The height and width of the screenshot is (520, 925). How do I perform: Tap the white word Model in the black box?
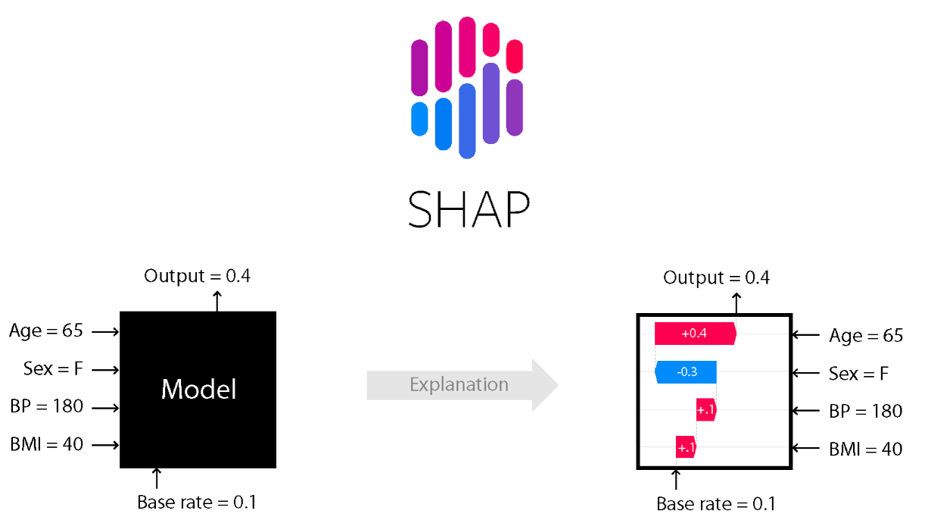tap(198, 390)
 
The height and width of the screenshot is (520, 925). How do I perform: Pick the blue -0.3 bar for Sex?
tap(686, 372)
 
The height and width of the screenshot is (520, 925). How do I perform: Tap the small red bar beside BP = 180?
tap(705, 410)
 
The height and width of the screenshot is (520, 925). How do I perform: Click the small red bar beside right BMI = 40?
tap(686, 448)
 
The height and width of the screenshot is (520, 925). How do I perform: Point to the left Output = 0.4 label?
tap(197, 275)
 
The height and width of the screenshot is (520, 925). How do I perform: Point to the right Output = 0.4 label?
tap(716, 277)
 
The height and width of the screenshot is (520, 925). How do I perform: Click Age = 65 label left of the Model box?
tap(46, 331)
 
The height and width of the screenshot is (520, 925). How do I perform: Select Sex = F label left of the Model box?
tap(53, 369)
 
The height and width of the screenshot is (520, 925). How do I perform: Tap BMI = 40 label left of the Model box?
tap(46, 444)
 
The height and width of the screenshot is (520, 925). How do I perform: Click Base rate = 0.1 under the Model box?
tap(197, 502)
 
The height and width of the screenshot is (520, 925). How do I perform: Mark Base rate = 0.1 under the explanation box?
tap(716, 504)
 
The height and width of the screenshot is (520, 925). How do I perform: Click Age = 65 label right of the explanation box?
tap(866, 335)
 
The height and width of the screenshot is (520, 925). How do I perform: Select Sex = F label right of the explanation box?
tap(859, 373)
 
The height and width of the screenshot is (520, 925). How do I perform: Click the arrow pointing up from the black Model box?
tap(217, 300)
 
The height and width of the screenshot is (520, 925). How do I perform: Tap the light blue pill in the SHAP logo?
tap(419, 118)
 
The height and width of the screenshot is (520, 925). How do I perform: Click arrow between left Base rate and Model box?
tap(157, 478)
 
